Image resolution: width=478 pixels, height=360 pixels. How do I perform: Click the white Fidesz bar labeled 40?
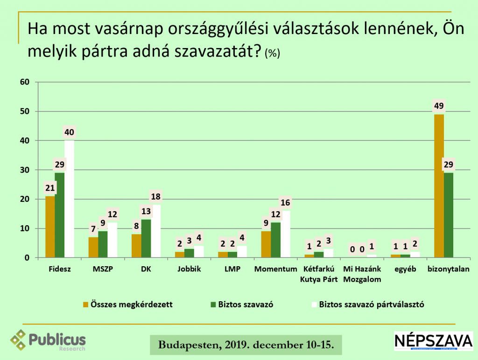[69, 199]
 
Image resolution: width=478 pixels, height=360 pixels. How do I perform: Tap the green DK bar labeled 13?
[146, 238]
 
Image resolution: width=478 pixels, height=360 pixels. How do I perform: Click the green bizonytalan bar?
[449, 215]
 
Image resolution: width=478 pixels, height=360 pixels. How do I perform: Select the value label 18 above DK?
[155, 197]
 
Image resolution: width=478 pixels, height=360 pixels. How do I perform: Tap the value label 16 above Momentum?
[285, 203]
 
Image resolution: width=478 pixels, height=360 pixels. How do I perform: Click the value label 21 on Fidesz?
[49, 188]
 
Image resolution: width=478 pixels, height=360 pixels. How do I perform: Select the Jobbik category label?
[189, 269]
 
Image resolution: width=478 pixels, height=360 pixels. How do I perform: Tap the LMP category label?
[232, 269]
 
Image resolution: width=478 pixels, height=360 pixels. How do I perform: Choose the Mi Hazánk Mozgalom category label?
[362, 274]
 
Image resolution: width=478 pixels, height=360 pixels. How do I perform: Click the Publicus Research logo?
[49, 340]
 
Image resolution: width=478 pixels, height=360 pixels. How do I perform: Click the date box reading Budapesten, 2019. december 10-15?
[246, 345]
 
